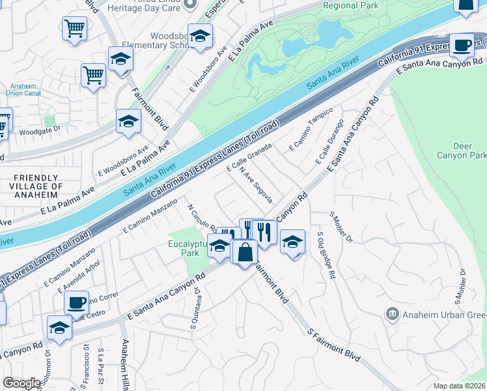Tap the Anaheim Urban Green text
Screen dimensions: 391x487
pos(443,315)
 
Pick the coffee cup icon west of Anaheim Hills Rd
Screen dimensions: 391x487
pos(76,302)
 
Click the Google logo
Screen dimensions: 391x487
pos(21,383)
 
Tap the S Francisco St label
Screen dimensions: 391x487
pos(86,368)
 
